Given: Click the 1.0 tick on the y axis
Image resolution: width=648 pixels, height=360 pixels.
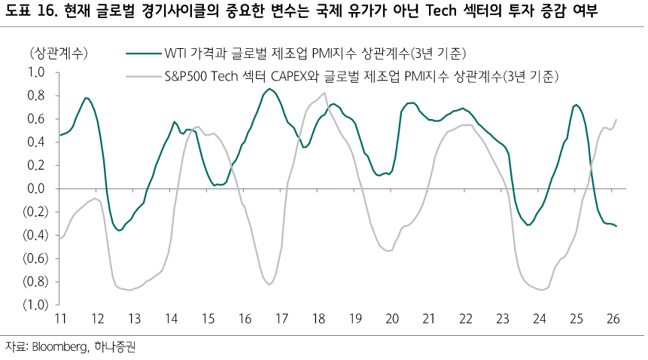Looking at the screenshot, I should [x=36, y=72].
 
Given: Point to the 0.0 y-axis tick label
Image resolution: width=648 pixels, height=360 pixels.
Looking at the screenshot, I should [x=36, y=188].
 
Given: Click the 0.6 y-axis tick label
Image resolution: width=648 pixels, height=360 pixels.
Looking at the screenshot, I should [x=36, y=119].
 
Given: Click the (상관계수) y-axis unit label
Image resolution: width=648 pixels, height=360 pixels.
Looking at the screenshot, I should [x=59, y=53].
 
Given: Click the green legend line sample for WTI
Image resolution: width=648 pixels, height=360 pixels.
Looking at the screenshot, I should [x=143, y=53].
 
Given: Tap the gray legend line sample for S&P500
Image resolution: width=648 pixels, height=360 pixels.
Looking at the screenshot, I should [x=143, y=76].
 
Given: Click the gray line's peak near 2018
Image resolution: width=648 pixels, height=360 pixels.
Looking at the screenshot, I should [x=324, y=93].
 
